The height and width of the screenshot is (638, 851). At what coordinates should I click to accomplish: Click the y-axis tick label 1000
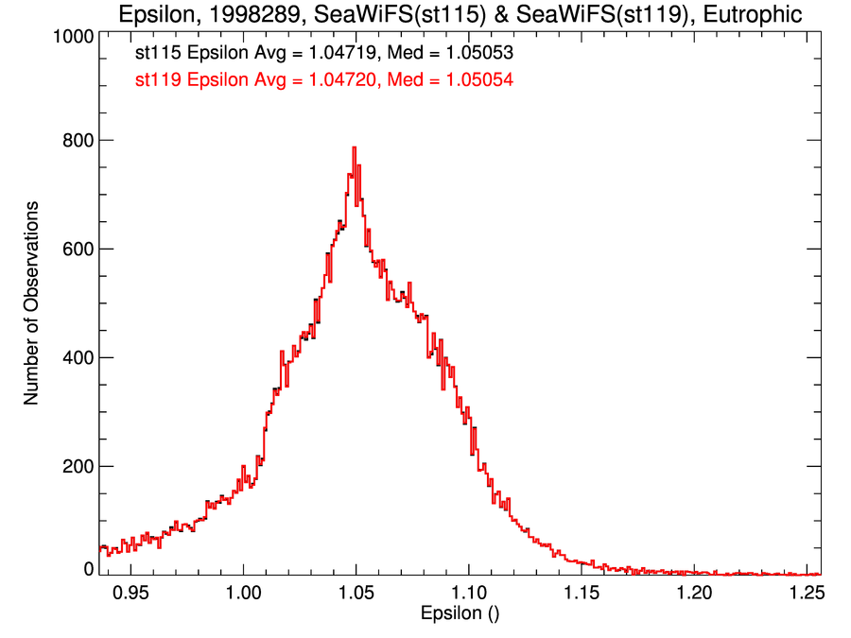tap(68, 36)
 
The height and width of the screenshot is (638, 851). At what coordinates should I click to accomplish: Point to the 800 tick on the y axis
tap(74, 140)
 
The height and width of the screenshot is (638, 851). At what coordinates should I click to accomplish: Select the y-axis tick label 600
tap(74, 250)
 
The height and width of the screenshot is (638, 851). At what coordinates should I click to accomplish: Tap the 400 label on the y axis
tap(74, 358)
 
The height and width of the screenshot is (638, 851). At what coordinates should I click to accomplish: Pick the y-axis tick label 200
tap(74, 467)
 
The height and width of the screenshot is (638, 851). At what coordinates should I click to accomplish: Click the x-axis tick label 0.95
tap(130, 593)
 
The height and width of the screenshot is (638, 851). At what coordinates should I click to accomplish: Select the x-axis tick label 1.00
tap(243, 593)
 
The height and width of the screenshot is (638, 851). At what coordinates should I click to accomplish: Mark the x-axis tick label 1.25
tap(806, 593)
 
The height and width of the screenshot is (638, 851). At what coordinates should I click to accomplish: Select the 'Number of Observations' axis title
tap(32, 303)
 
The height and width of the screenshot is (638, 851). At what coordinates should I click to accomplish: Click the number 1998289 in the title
tap(239, 14)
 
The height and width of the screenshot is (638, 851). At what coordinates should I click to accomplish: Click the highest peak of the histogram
tap(354, 148)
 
